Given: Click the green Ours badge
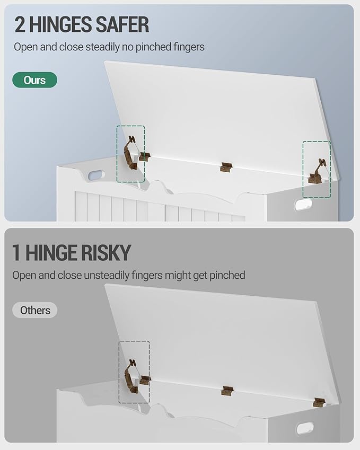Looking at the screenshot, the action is [x=35, y=80].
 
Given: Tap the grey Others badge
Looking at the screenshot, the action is [x=35, y=310].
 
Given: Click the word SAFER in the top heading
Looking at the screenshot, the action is [x=122, y=25].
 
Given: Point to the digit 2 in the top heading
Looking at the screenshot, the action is [x=20, y=25].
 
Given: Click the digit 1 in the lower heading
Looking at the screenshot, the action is [x=16, y=253].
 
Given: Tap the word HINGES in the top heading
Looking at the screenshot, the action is [x=60, y=25].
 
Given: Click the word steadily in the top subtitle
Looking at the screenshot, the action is [x=103, y=47].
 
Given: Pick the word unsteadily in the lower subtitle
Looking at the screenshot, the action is [x=107, y=275].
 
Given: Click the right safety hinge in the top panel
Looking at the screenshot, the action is [x=317, y=172].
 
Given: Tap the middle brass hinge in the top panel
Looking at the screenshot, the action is [x=226, y=167].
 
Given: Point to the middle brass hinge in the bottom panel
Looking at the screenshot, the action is [x=227, y=391].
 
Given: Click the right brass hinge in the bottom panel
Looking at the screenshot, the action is [x=319, y=402].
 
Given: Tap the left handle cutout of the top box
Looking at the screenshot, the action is [x=95, y=175].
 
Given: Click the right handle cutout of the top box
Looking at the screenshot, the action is [x=303, y=205].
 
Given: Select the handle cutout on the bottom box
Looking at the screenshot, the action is [x=304, y=428].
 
